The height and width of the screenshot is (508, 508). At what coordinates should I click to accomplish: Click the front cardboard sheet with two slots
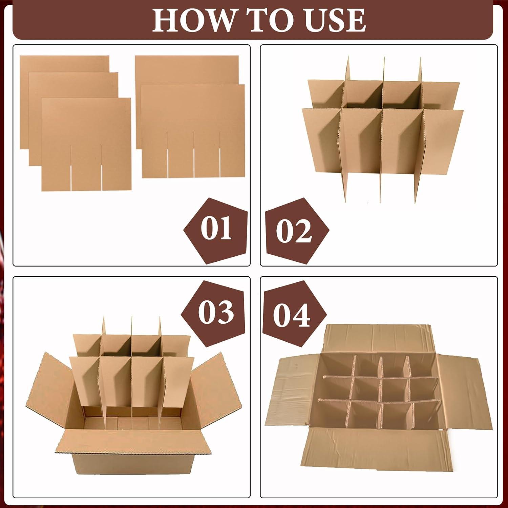point(86,144)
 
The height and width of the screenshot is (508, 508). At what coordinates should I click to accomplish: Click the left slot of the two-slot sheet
point(71,168)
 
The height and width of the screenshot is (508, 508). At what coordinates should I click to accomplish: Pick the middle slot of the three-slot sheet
point(194,154)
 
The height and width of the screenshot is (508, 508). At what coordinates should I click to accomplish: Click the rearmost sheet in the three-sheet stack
point(65,64)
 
